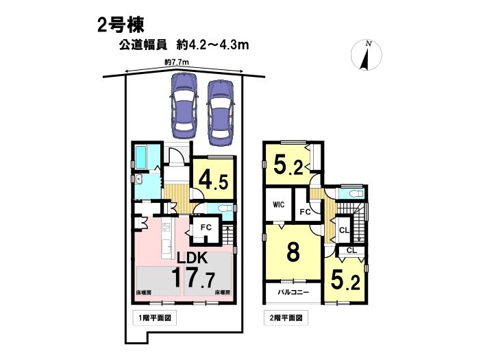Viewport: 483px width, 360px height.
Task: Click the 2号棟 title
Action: coord(121,25)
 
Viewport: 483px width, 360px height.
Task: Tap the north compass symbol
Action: coord(367,56)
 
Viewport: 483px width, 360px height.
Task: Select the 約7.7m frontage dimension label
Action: coord(177,62)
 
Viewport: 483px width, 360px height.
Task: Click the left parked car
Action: coord(184,106)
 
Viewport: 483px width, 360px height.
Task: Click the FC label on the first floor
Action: coord(206,228)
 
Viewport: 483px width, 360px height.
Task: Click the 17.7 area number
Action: coord(193,277)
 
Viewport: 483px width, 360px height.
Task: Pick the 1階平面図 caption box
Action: coord(155,317)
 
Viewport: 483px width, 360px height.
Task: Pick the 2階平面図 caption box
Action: coord(286,317)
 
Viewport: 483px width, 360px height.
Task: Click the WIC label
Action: coord(278,204)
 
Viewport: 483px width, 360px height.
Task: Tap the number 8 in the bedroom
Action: coord(293,252)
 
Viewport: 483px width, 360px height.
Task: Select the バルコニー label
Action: coord(293,292)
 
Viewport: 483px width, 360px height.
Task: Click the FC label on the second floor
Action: coord(305,212)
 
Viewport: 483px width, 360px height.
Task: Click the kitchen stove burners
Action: coord(166,228)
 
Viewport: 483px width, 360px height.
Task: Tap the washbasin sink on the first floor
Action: coord(138,179)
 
